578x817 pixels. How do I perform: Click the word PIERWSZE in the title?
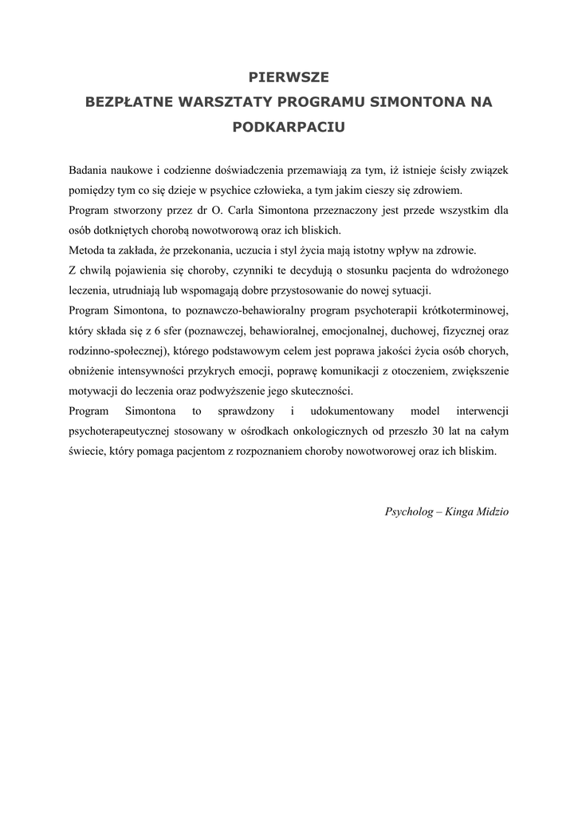(289, 77)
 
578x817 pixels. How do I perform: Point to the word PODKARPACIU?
(289, 127)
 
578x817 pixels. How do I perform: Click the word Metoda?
(86, 251)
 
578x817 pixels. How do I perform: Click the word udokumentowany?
(349, 411)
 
